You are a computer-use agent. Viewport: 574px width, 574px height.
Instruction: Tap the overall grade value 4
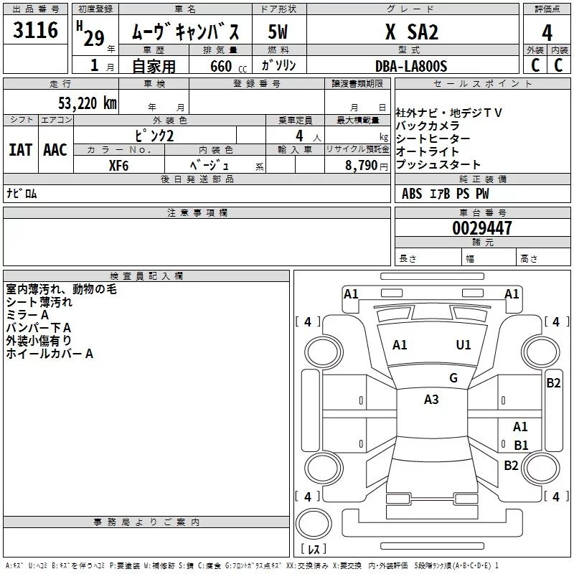(547, 32)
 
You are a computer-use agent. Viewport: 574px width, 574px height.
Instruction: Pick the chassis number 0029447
(481, 229)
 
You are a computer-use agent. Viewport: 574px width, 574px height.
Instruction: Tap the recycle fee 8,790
(357, 165)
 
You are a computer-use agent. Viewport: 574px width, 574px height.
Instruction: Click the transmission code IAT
(20, 149)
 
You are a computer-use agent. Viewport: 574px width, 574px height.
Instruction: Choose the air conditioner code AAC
(55, 149)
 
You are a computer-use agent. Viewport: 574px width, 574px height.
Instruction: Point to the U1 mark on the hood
(464, 345)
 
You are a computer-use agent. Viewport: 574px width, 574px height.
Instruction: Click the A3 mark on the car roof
(431, 400)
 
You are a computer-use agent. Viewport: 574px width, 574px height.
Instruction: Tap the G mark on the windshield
(453, 378)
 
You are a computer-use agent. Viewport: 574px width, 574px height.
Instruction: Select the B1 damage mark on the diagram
(521, 445)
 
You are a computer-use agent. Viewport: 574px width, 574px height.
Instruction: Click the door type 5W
(278, 32)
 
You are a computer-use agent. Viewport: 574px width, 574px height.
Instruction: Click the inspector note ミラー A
(27, 316)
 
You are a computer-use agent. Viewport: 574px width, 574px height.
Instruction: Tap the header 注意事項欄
(197, 213)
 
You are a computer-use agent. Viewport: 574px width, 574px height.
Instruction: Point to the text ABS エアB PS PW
(445, 193)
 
